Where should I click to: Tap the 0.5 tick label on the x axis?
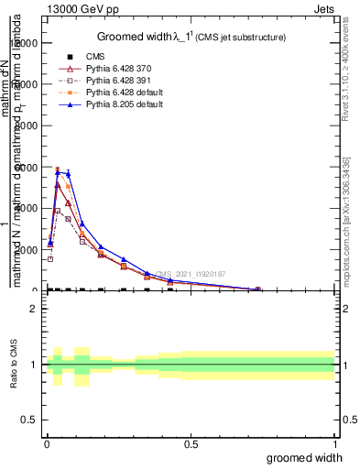[x=191, y=443]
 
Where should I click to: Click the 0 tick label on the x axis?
[x=47, y=443]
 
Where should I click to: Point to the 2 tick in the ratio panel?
[x=33, y=309]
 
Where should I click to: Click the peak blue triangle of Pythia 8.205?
[x=58, y=171]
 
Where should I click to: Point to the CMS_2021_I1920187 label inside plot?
[x=190, y=274]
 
